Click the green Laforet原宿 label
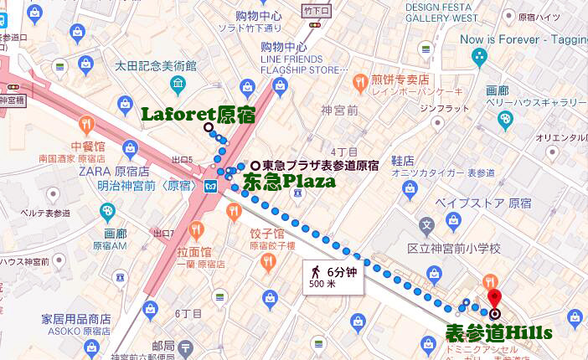coord(198,115)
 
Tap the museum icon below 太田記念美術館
coord(178,85)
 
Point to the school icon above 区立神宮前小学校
coord(427,224)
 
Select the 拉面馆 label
coord(194,251)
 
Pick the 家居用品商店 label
coord(76,319)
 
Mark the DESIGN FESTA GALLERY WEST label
coord(443,12)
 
